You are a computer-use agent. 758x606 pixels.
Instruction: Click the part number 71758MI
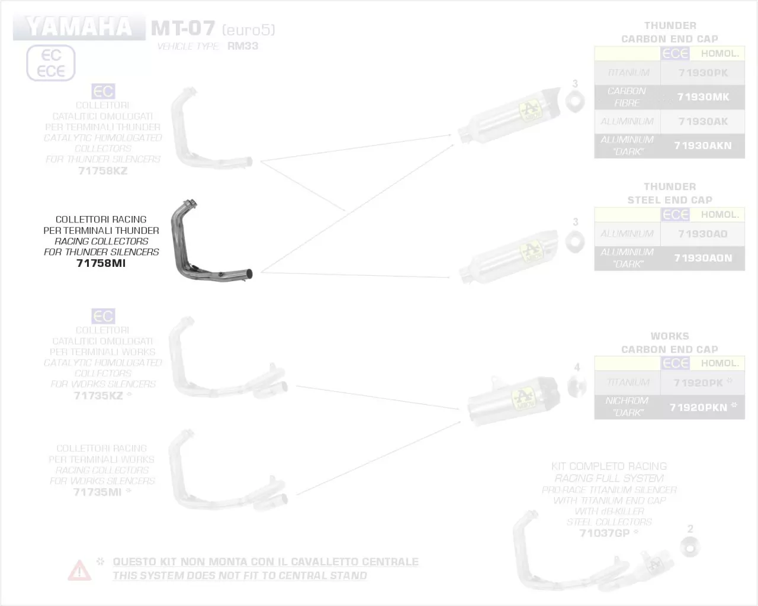tap(101, 263)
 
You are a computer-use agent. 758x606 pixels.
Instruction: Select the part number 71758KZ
tap(102, 171)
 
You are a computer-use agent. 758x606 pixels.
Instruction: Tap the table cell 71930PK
tap(703, 73)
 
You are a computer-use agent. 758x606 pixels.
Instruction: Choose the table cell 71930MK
tap(703, 97)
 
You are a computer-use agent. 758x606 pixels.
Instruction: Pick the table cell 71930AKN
tap(703, 146)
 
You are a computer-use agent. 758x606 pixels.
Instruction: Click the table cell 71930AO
tap(703, 234)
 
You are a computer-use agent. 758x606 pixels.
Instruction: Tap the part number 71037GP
tap(605, 533)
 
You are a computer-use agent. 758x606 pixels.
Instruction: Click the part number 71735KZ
tap(98, 396)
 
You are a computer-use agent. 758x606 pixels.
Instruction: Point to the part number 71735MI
tap(97, 492)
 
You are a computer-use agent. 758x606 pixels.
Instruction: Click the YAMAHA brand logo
tap(79, 27)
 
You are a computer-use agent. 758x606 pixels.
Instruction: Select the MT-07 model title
tap(182, 28)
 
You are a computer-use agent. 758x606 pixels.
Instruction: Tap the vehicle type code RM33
tap(243, 46)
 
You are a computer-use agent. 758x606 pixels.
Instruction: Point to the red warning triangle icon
tap(79, 569)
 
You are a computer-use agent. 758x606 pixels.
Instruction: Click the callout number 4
tap(577, 368)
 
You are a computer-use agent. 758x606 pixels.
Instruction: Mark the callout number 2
tap(690, 528)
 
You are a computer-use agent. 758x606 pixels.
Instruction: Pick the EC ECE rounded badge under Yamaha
tap(51, 63)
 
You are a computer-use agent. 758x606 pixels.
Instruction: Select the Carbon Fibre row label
tap(627, 97)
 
